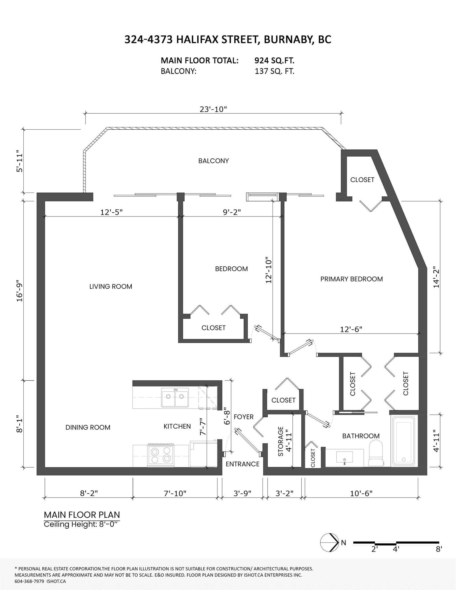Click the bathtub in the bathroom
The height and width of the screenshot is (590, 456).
(x=404, y=441)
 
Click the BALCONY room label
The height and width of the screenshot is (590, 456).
(x=213, y=161)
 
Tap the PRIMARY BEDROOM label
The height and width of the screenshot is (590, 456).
(x=351, y=279)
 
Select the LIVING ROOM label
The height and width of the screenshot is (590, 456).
(x=111, y=287)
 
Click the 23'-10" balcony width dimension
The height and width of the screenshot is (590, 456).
(x=213, y=109)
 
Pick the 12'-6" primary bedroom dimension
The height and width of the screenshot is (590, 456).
(x=351, y=329)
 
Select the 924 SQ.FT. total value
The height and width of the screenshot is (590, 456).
(x=274, y=60)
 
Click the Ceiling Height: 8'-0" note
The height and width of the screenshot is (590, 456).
(x=81, y=524)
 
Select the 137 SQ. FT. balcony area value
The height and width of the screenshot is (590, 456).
(x=274, y=71)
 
